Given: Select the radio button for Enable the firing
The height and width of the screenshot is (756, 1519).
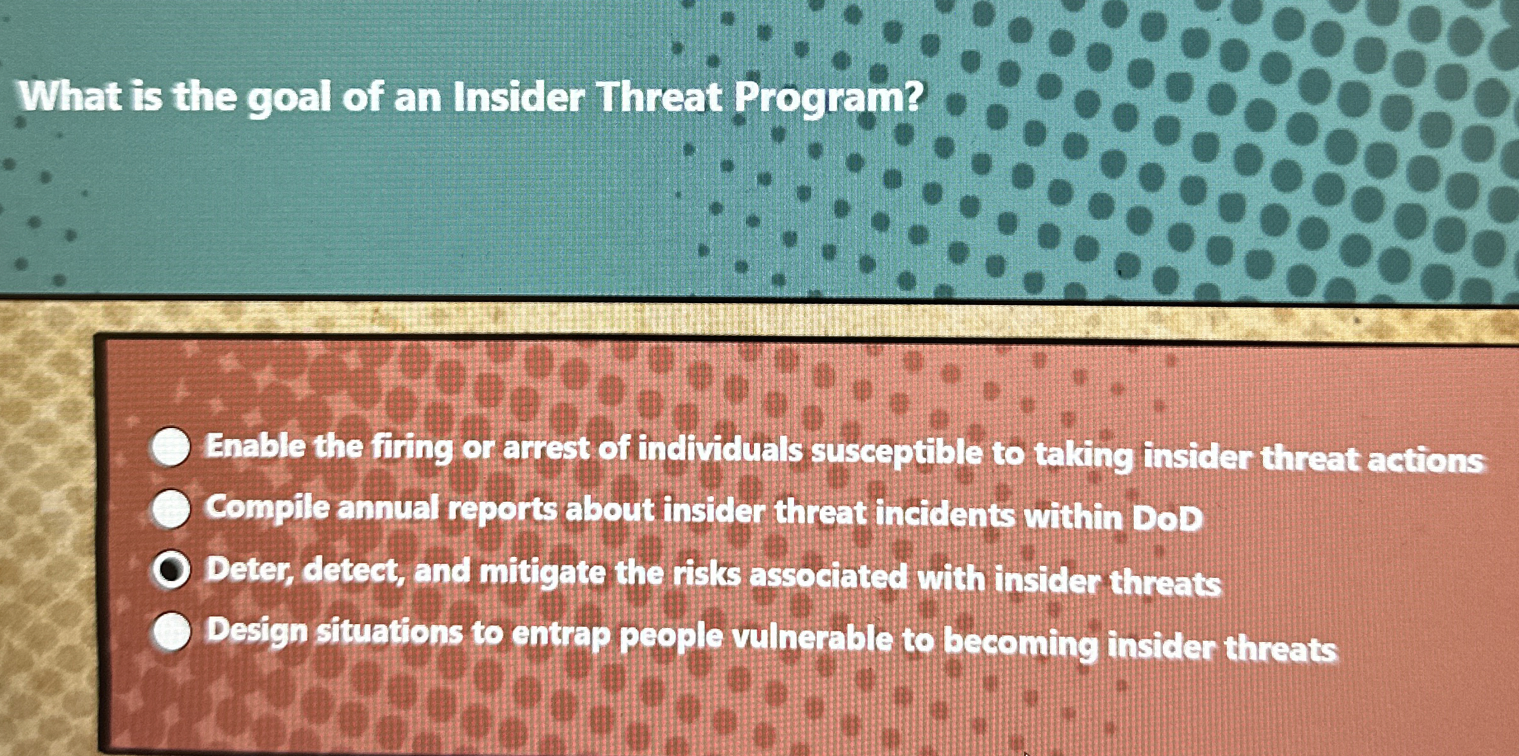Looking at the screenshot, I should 171,447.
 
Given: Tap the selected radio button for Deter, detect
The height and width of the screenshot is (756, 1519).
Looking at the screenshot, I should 171,570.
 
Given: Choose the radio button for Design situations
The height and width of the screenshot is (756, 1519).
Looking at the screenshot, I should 172,632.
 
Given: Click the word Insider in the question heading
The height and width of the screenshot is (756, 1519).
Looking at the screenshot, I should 520,98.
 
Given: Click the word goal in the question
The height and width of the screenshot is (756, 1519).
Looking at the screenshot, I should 288,100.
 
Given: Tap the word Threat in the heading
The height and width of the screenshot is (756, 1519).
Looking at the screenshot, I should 659,98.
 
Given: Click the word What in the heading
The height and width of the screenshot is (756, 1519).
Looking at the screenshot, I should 70,97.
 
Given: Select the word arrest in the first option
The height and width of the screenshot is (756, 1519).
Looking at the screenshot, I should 546,448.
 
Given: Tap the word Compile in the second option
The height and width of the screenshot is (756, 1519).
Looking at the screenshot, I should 267,508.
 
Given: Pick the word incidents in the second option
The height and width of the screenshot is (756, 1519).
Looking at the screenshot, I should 945,514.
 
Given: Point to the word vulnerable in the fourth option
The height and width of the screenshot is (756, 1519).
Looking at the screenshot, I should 812,639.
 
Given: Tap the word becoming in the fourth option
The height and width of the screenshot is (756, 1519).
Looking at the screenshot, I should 1020,642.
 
